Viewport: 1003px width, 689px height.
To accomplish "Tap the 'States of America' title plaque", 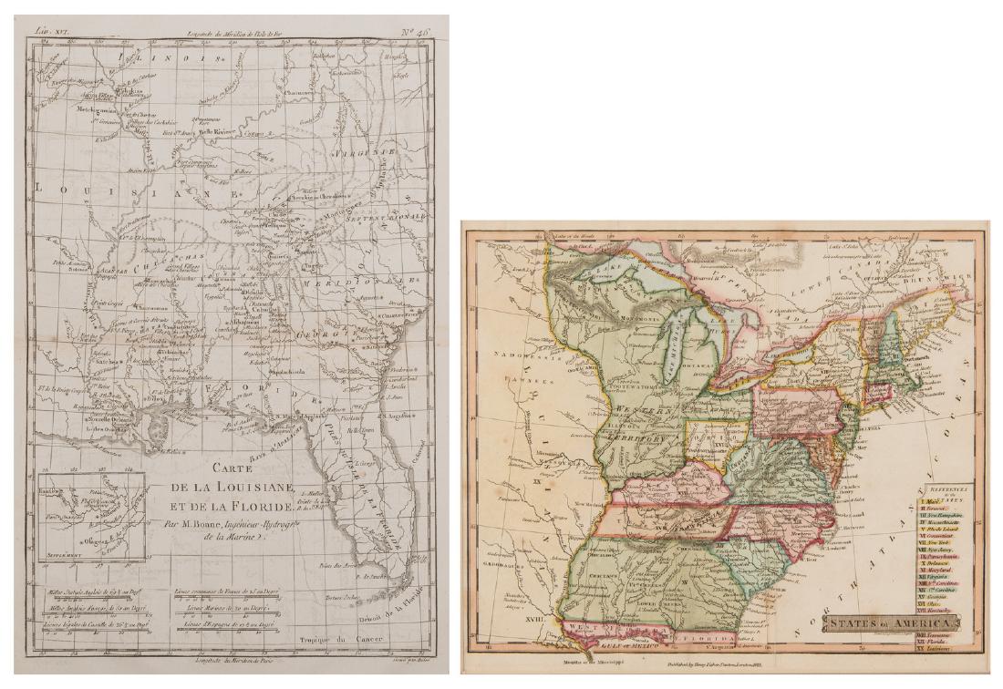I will [x=891, y=622].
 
